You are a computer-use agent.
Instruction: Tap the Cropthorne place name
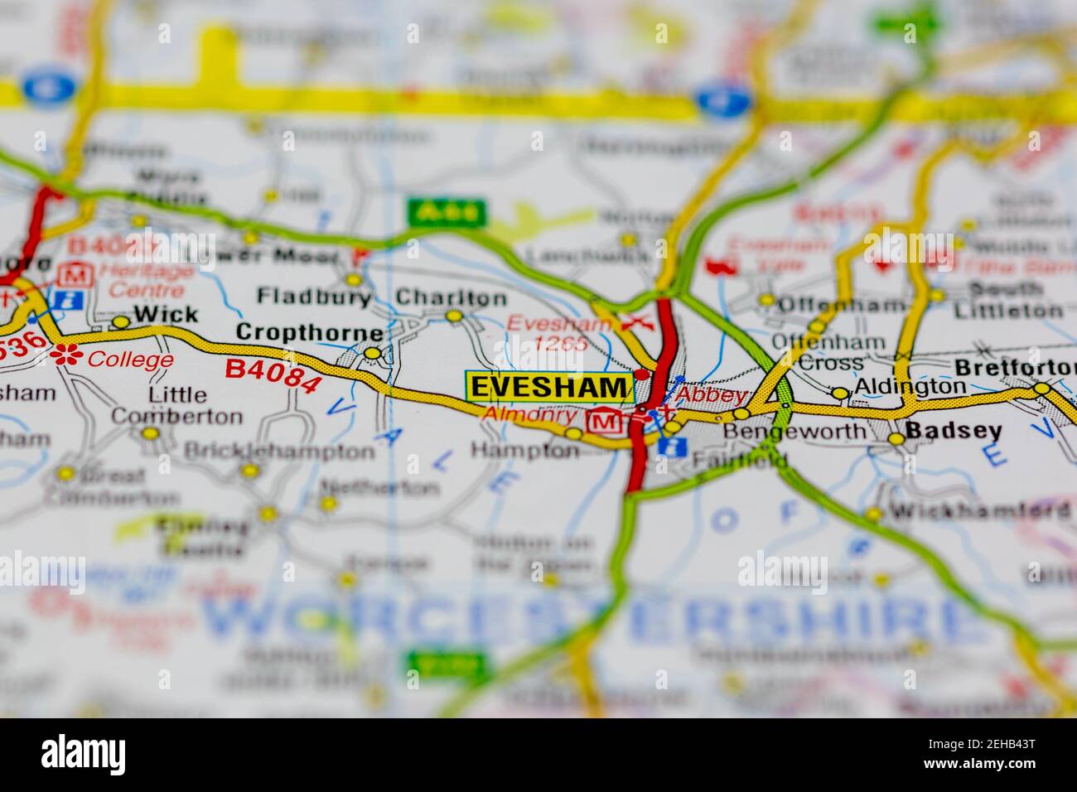(310, 332)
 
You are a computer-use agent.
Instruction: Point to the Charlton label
(451, 297)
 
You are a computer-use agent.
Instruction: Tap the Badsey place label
(954, 431)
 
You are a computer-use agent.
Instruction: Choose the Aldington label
(910, 386)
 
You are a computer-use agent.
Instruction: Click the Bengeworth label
(794, 431)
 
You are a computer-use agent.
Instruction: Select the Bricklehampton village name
(279, 452)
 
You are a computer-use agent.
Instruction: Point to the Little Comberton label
(176, 405)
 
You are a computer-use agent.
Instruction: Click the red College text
(131, 360)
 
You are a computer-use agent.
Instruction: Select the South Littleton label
(1007, 300)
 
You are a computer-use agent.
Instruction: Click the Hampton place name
(524, 451)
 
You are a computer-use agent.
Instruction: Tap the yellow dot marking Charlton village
(453, 316)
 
